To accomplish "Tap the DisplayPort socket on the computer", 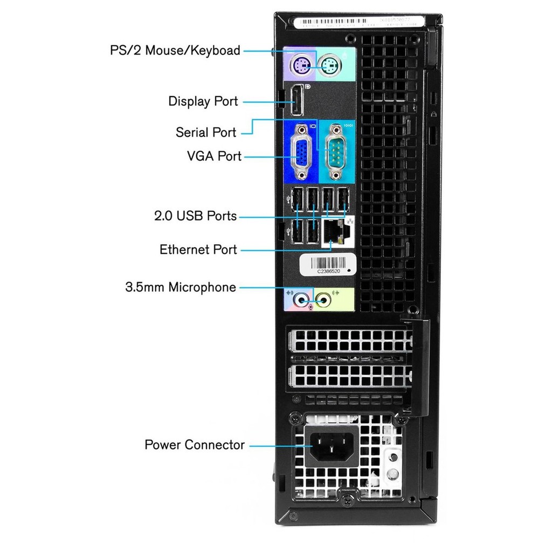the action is click(x=297, y=102).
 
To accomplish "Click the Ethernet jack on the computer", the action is click(x=336, y=232).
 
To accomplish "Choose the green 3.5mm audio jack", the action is click(x=323, y=298).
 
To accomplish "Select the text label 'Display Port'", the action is click(x=203, y=101).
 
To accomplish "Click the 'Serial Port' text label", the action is click(x=206, y=133).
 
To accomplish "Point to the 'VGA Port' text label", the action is click(x=214, y=156).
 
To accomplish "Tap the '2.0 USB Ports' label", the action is click(x=195, y=216).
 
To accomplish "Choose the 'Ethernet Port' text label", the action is click(x=198, y=250).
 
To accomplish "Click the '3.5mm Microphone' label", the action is click(x=181, y=287).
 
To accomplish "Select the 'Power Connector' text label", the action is click(x=195, y=445).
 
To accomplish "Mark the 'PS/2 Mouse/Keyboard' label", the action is click(x=175, y=51).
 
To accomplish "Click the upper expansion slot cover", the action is click(x=350, y=341).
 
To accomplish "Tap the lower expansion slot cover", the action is click(x=350, y=375).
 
